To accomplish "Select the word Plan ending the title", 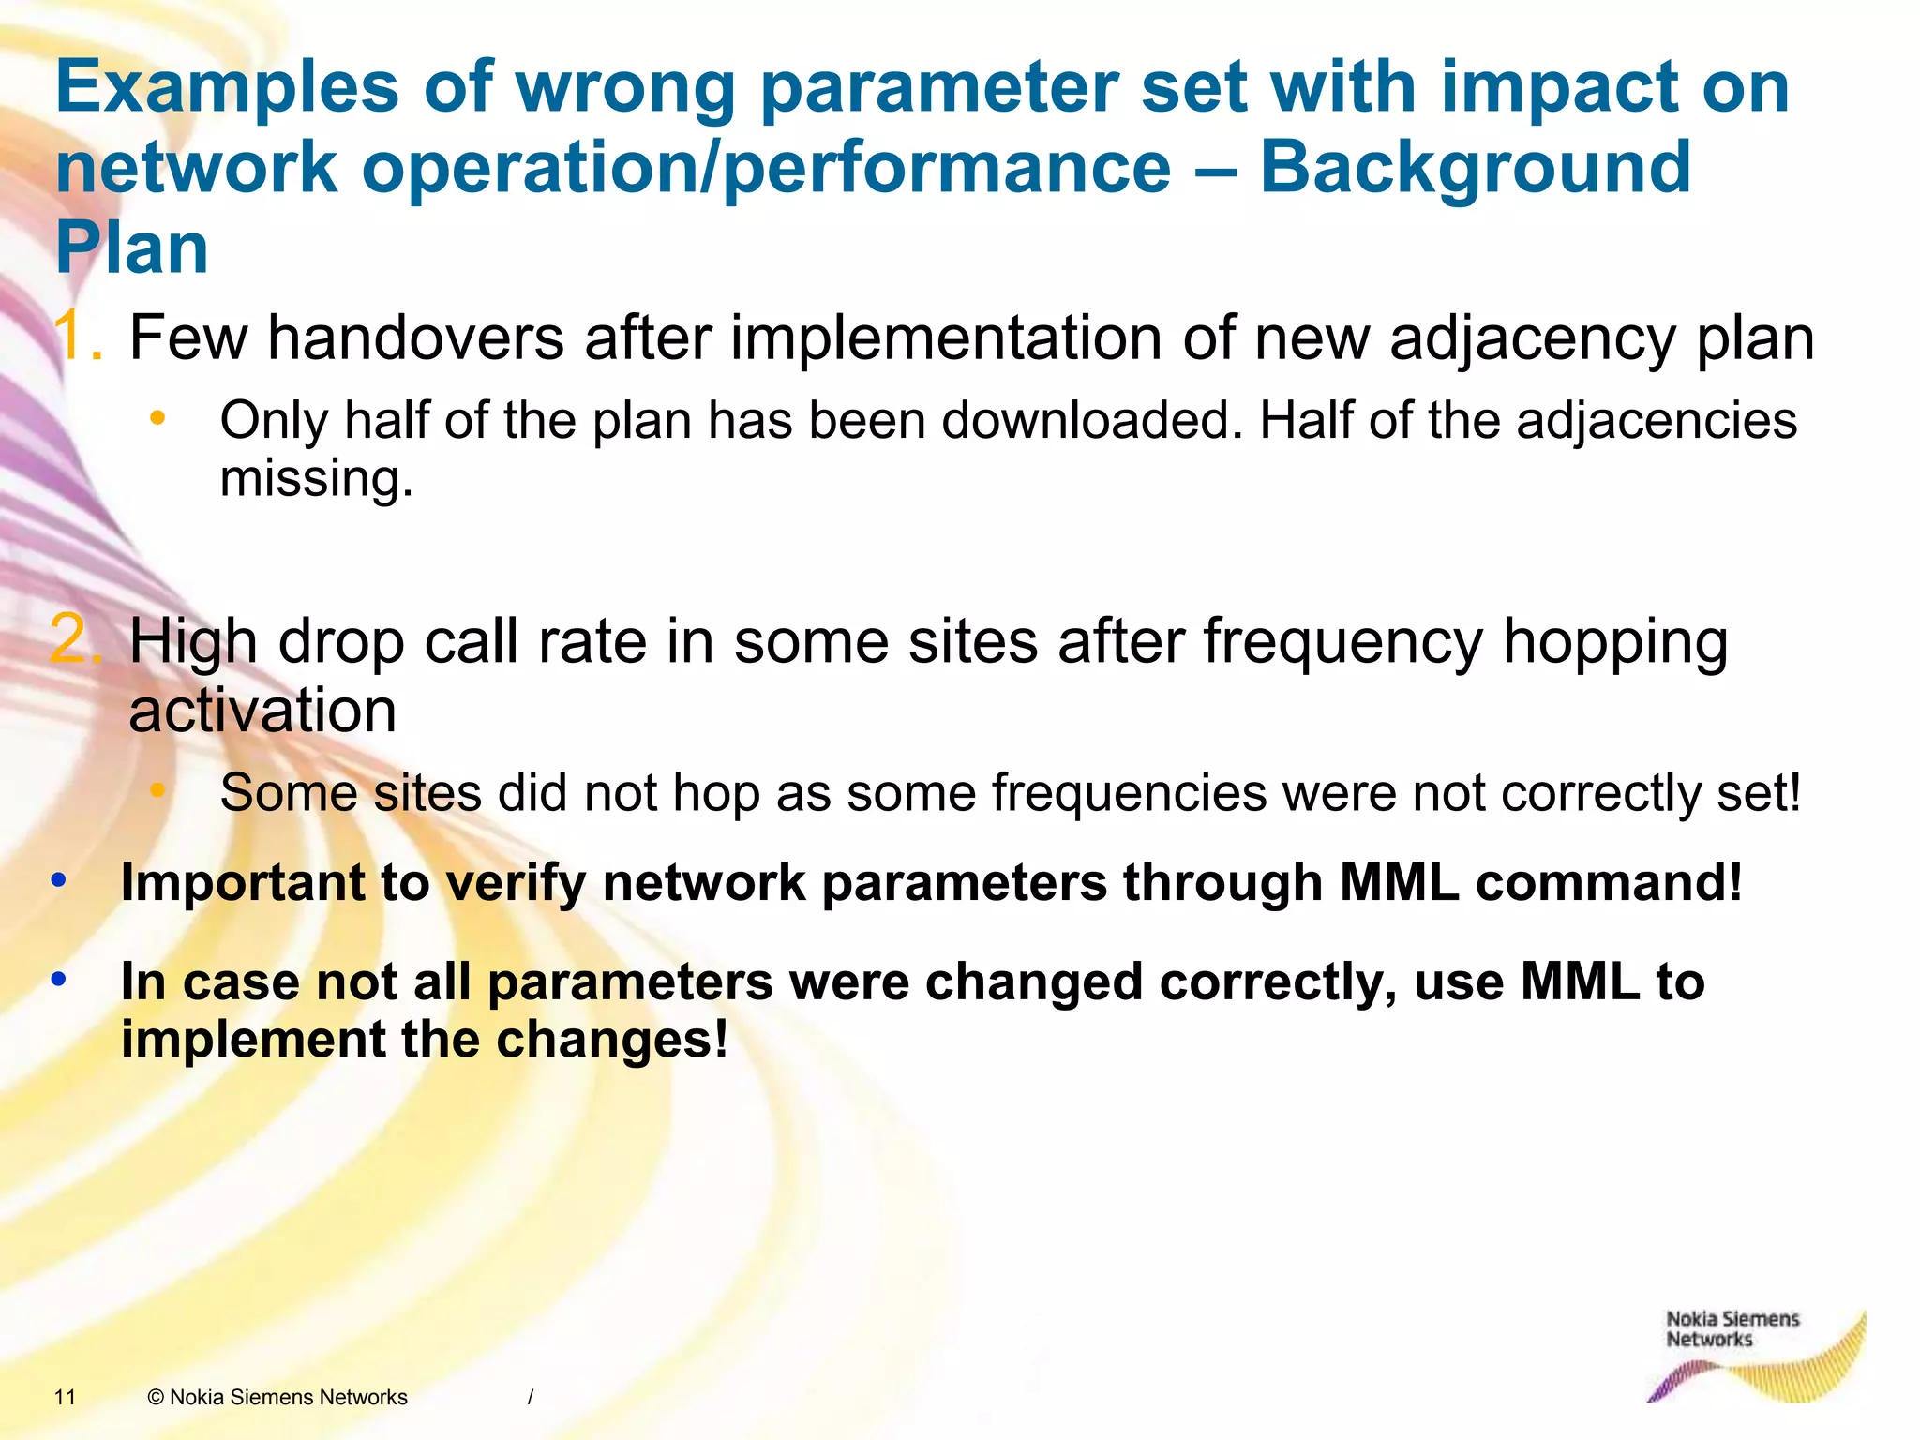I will [x=132, y=249].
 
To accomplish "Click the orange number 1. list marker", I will [x=77, y=337].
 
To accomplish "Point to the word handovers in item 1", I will [x=415, y=337].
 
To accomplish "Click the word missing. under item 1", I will [x=316, y=478].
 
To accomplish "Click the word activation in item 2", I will [x=262, y=711].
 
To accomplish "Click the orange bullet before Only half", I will [x=157, y=418].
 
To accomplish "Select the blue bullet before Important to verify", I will [x=59, y=879].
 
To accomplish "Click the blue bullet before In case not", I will [x=59, y=979].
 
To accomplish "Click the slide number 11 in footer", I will [x=65, y=1397].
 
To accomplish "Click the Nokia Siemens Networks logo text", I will [x=1731, y=1328].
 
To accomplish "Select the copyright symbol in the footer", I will [x=156, y=1397].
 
